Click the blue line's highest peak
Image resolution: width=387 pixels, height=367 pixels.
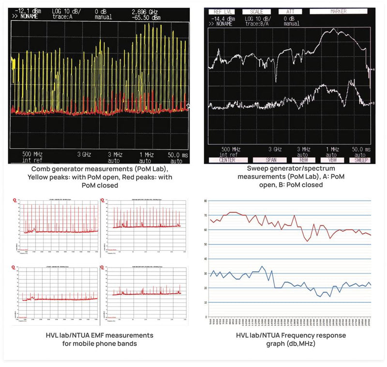262,266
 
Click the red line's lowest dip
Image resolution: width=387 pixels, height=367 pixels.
306,241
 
